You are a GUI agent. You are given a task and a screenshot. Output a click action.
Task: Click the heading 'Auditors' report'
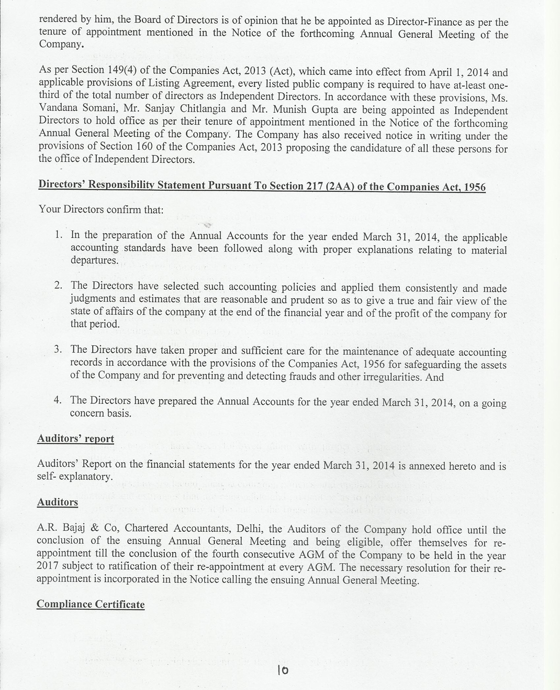[x=75, y=439]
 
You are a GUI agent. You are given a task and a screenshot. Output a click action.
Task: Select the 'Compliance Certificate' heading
[x=90, y=604]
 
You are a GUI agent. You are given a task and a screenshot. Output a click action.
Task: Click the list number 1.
[x=59, y=234]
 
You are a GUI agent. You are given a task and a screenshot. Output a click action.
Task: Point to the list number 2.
[x=59, y=285]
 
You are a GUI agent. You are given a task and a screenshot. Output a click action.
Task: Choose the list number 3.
[x=59, y=349]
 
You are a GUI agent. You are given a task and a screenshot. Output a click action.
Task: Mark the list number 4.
[x=59, y=400]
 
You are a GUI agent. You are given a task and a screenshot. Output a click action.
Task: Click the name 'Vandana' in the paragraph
[x=59, y=109]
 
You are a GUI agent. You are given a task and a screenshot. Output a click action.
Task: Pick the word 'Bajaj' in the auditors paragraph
[x=73, y=528]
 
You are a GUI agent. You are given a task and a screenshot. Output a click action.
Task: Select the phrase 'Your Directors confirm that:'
[x=101, y=210]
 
